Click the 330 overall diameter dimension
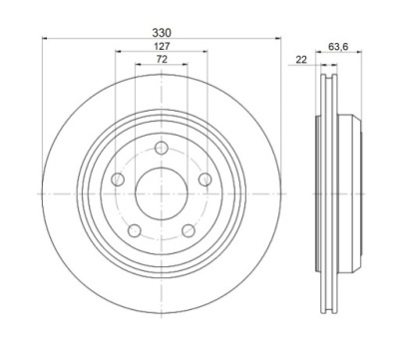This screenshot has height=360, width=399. pos(162,33)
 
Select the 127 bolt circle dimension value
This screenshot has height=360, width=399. pos(162,46)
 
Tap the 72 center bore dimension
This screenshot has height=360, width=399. pos(162,59)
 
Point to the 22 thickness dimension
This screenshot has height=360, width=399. pos(301,60)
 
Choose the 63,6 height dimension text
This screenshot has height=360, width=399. pos(338,47)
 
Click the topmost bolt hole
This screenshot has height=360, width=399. pos(162,148)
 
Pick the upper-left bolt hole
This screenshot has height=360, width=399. pos(118,180)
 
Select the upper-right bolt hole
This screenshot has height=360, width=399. pos(205,180)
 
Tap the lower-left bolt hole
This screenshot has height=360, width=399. pos(135,230)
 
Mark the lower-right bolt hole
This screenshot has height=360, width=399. pos(189,230)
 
